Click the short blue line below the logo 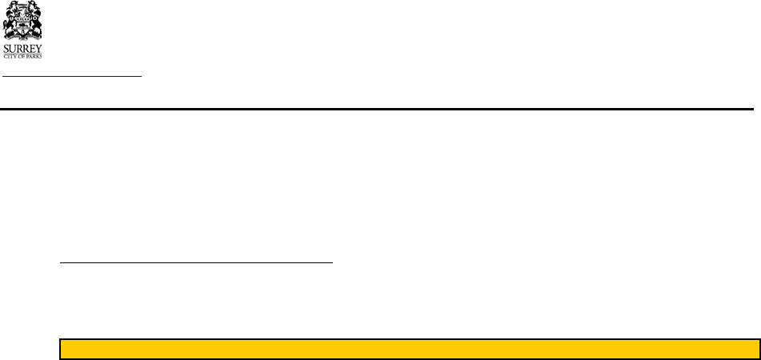pos(72,77)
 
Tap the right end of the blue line pos(139,77)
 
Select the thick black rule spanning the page pos(376,108)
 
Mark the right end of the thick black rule pos(751,108)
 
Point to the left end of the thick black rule pos(2,108)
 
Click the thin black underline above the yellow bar pos(196,262)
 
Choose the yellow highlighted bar pos(409,349)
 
